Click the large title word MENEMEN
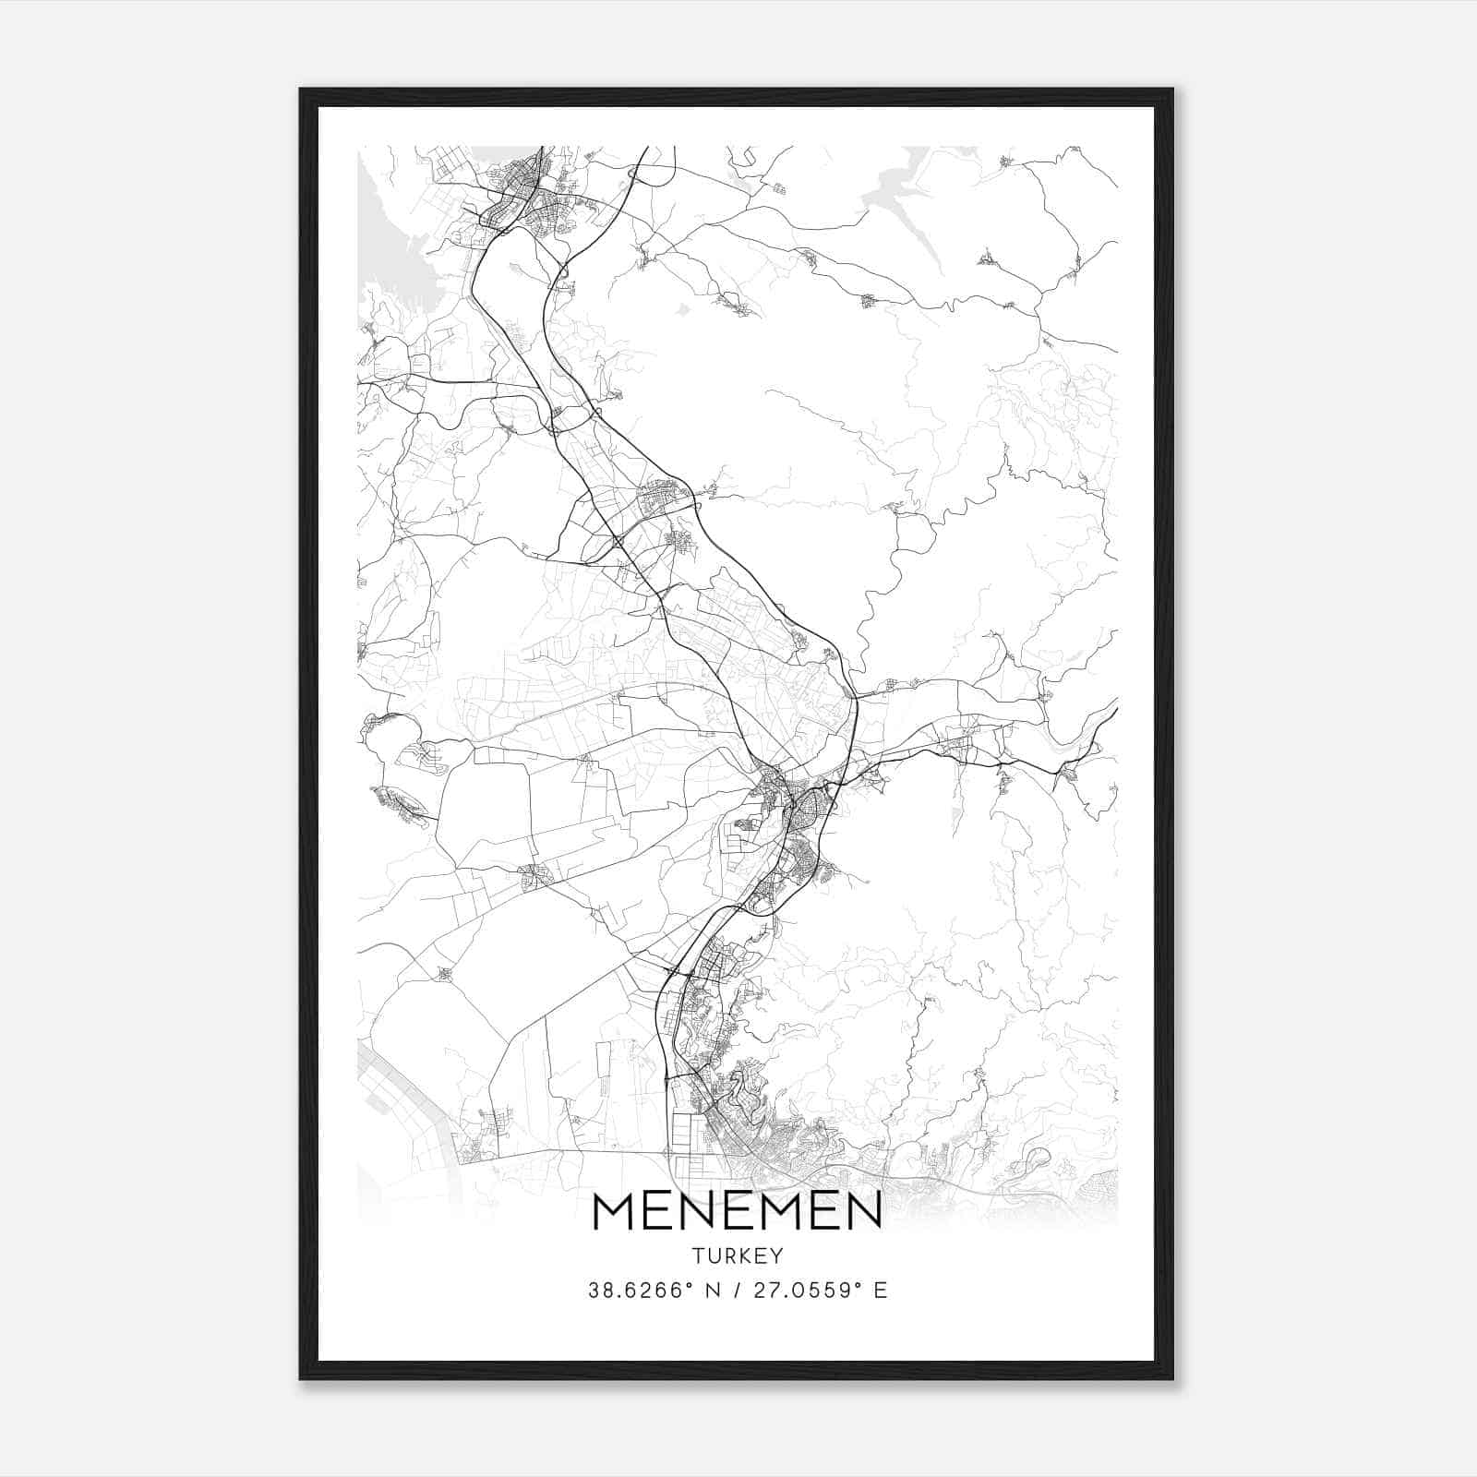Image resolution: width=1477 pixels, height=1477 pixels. [x=738, y=1211]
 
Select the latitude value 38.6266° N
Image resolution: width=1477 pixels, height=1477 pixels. [x=654, y=1291]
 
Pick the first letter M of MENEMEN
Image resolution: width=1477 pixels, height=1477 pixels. [x=613, y=1211]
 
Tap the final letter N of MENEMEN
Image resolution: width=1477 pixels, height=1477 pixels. [x=862, y=1211]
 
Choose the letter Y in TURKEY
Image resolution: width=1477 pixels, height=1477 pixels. [x=777, y=1256]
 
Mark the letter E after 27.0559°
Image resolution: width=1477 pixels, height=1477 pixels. [x=881, y=1291]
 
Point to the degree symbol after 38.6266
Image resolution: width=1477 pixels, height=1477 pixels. [x=688, y=1285]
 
